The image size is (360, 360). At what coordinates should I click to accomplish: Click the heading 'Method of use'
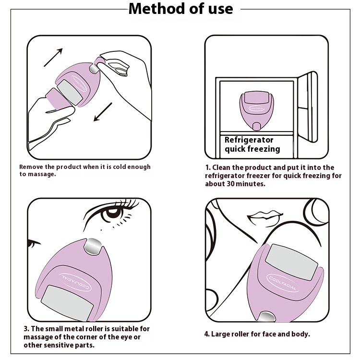click(x=180, y=9)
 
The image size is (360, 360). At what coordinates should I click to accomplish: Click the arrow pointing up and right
click(x=53, y=58)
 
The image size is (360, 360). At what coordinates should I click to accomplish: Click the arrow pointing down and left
click(x=103, y=112)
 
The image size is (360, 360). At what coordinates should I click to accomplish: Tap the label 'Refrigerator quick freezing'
click(x=252, y=144)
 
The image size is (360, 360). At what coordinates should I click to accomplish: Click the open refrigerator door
click(x=308, y=106)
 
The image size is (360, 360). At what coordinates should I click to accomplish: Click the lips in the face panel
click(x=264, y=217)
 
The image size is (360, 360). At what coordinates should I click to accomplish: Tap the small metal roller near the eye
click(x=93, y=246)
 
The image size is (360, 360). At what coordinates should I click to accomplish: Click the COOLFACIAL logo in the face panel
click(x=283, y=283)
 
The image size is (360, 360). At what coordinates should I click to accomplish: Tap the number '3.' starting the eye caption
click(x=26, y=329)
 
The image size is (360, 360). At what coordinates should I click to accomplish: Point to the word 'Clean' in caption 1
click(x=221, y=168)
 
